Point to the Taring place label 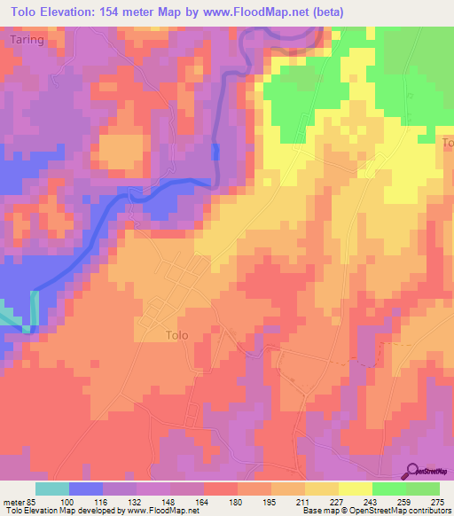[x=27, y=41]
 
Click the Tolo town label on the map [x=178, y=335]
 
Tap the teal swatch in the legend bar [x=52, y=489]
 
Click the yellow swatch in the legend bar [x=355, y=489]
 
